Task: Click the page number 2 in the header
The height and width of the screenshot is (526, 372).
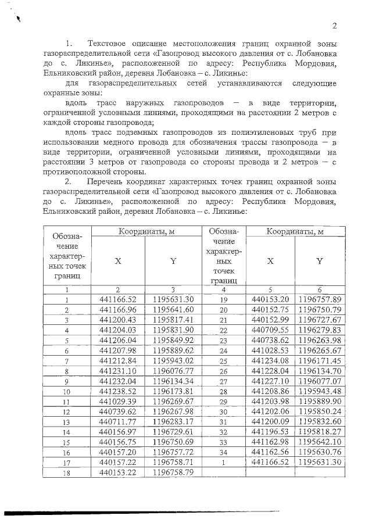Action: click(335, 26)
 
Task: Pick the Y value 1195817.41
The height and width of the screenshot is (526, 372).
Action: click(173, 320)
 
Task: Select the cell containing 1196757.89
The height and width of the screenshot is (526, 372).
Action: click(319, 299)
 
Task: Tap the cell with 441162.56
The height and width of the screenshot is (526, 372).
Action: click(270, 452)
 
